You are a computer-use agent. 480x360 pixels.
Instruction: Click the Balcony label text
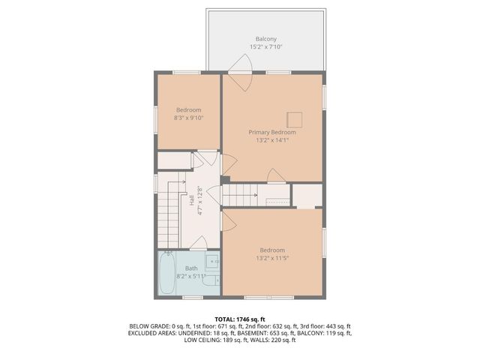click(265, 39)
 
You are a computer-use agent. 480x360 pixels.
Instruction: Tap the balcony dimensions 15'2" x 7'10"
click(265, 47)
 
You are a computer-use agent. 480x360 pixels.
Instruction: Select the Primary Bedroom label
click(271, 132)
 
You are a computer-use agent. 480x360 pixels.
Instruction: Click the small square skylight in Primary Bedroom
click(295, 118)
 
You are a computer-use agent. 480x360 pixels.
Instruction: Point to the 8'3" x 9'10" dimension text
click(188, 118)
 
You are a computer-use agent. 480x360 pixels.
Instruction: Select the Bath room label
click(192, 268)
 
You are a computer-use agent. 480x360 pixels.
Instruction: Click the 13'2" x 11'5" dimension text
click(272, 259)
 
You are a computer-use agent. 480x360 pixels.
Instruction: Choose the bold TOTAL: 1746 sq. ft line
click(240, 319)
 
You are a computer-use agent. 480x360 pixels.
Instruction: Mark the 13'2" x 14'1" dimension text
click(271, 140)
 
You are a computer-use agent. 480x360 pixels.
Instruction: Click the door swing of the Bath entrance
click(198, 241)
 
